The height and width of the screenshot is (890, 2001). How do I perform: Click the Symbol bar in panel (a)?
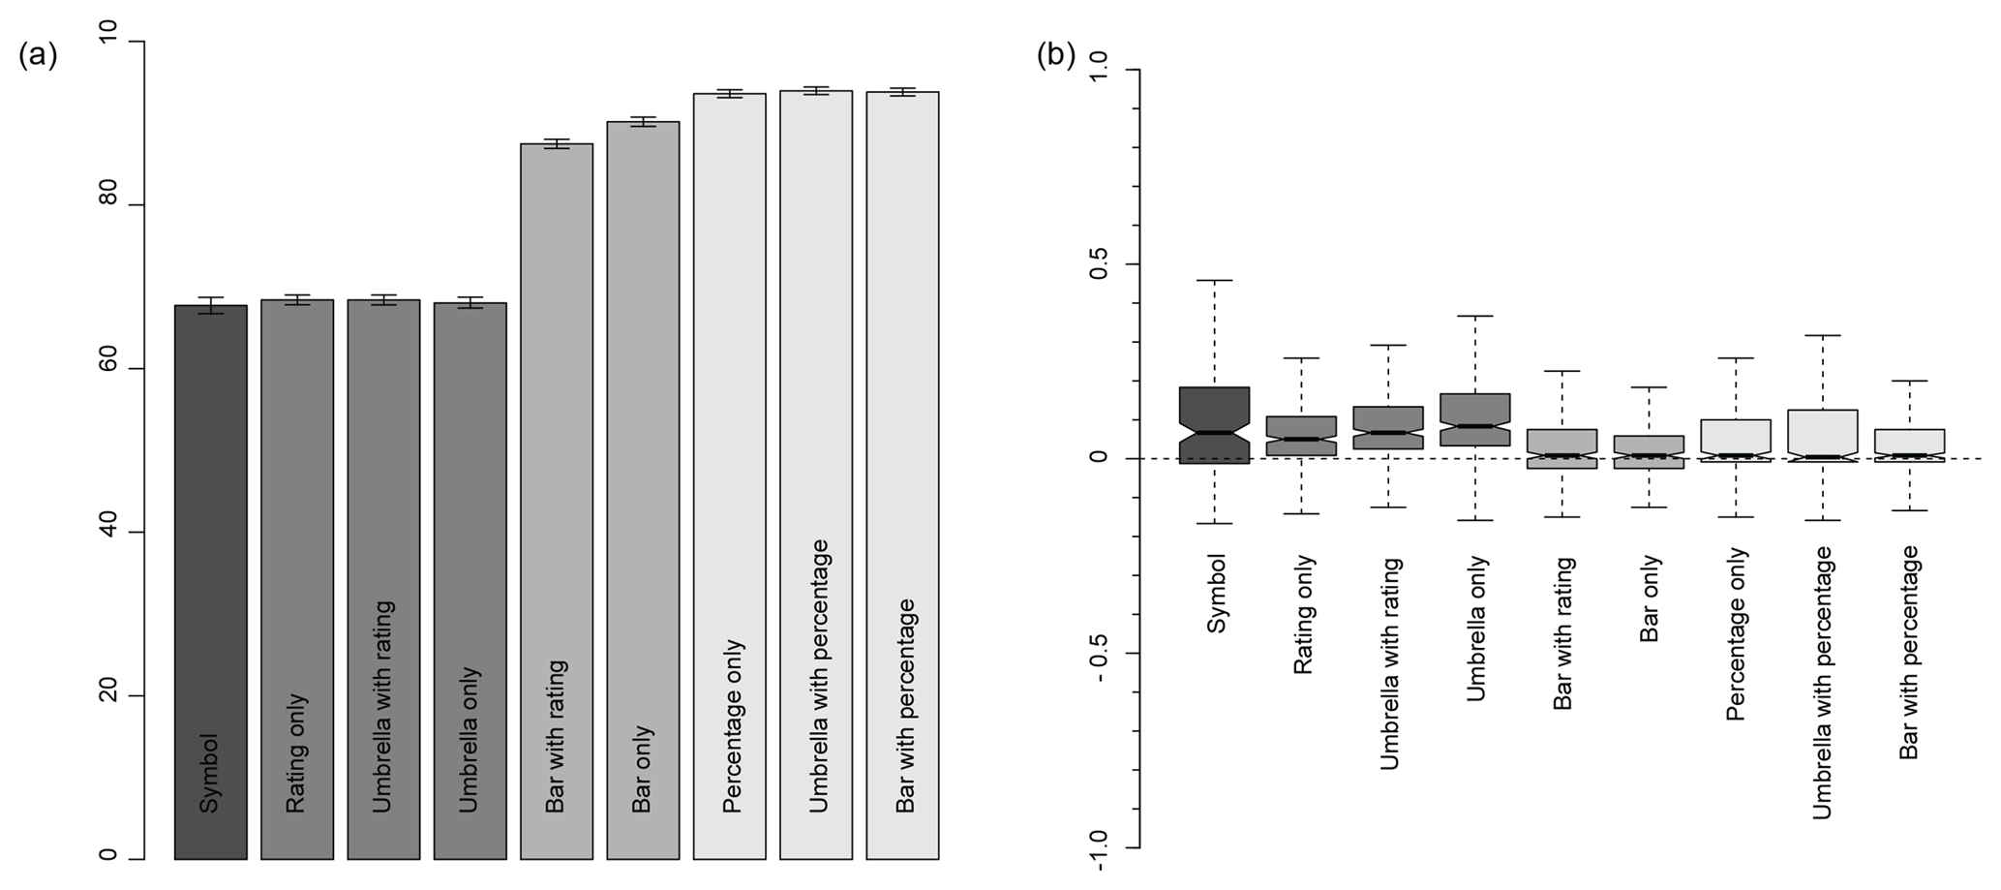coord(210,581)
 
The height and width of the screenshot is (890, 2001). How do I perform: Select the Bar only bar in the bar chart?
coord(643,484)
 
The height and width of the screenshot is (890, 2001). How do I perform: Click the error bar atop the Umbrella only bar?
coord(470,303)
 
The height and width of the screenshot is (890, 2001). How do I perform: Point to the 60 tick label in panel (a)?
coord(107,369)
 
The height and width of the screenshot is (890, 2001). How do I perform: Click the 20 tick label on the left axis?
coord(107,695)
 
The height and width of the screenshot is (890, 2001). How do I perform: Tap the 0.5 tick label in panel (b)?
coord(1099,264)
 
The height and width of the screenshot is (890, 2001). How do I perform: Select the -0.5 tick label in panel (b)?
coord(1099,654)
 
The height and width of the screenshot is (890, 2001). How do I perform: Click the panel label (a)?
coord(38,55)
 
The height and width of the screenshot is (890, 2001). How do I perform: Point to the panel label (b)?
coord(1056,55)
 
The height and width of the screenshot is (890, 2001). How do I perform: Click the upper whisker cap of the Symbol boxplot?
coord(1214,281)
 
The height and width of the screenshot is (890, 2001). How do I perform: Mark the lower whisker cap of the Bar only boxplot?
coord(1649,507)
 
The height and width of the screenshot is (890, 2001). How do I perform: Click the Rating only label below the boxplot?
coord(1303,614)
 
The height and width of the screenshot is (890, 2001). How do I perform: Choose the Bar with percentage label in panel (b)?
coord(1908,652)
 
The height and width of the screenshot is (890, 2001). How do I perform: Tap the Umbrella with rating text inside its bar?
coord(383,707)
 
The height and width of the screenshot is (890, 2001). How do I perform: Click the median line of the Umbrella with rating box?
coord(1388,433)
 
